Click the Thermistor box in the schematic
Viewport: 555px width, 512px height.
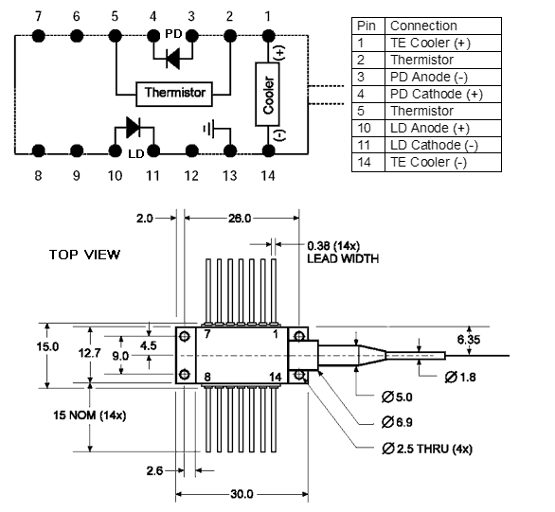pos(174,94)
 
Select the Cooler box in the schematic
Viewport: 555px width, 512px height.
pos(267,95)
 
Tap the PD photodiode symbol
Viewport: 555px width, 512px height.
pos(173,59)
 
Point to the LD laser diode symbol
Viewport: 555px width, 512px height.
pos(134,128)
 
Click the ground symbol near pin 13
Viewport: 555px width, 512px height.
pos(208,129)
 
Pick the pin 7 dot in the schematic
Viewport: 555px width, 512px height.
pos(38,36)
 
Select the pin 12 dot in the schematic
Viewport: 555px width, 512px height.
pos(191,151)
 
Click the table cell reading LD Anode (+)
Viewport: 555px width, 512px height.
pos(443,128)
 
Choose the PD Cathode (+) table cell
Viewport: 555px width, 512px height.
pos(443,94)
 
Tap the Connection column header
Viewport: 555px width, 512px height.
pos(443,26)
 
